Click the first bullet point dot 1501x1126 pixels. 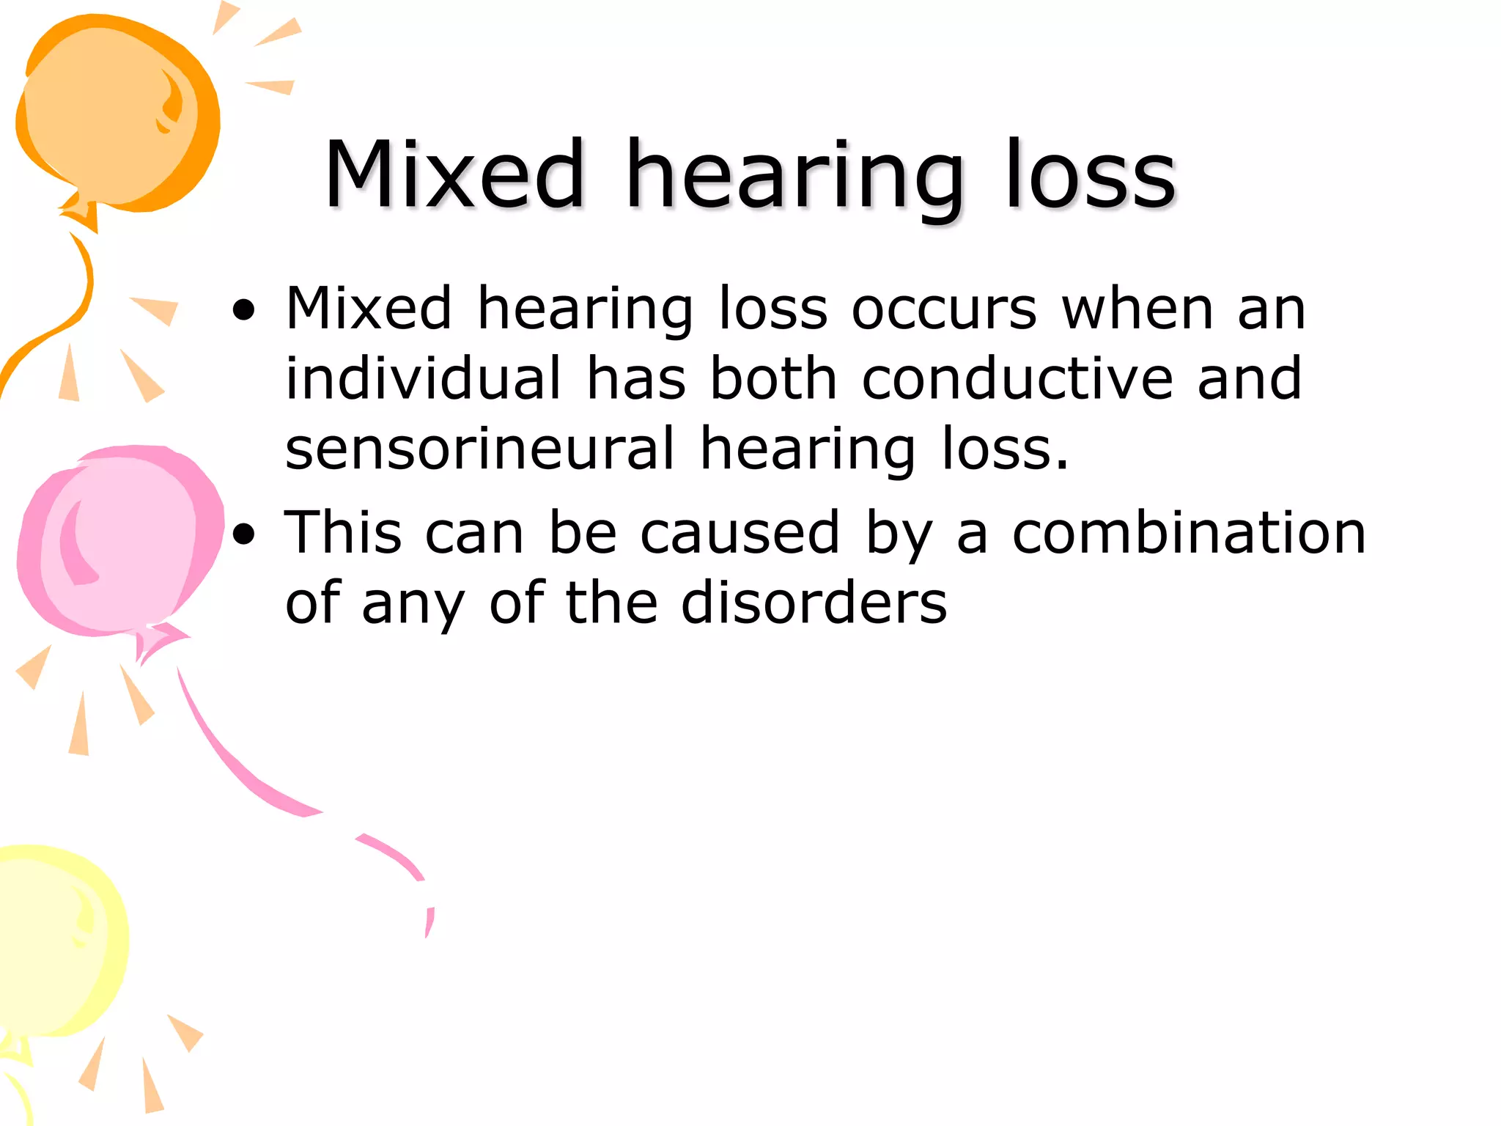(244, 311)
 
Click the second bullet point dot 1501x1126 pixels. (244, 534)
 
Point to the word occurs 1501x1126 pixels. (944, 309)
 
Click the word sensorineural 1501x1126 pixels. (479, 449)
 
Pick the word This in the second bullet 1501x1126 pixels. (343, 532)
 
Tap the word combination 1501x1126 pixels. (1189, 532)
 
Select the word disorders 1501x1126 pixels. (814, 603)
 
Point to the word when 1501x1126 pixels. (1137, 309)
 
